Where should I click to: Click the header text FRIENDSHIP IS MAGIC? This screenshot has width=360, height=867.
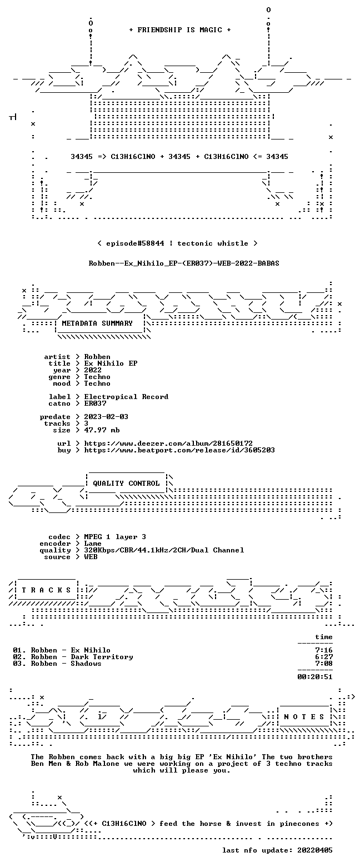(180, 30)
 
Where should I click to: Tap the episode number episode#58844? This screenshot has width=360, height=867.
(135, 243)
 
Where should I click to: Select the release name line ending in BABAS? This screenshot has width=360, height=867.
(184, 263)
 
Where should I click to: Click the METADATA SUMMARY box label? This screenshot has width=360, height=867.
(97, 323)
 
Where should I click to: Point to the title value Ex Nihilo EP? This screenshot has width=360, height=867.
(111, 363)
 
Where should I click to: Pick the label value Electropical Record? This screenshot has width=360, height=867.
(126, 397)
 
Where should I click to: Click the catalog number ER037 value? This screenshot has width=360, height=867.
(95, 403)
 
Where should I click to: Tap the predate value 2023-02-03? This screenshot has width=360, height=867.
(106, 417)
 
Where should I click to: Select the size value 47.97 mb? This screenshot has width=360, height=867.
(102, 430)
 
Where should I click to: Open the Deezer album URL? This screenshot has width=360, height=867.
(168, 444)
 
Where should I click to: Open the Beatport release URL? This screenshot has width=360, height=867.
(179, 450)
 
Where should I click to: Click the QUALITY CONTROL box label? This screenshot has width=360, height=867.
(126, 484)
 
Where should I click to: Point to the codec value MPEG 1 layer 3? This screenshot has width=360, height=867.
(115, 537)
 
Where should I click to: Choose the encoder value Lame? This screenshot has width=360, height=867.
(93, 544)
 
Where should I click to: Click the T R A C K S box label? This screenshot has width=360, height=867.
(47, 590)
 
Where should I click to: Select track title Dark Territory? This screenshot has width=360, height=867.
(102, 657)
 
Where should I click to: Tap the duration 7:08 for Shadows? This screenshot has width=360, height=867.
(324, 664)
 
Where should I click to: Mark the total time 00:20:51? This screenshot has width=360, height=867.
(315, 677)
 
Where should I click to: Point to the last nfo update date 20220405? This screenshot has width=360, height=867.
(315, 850)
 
